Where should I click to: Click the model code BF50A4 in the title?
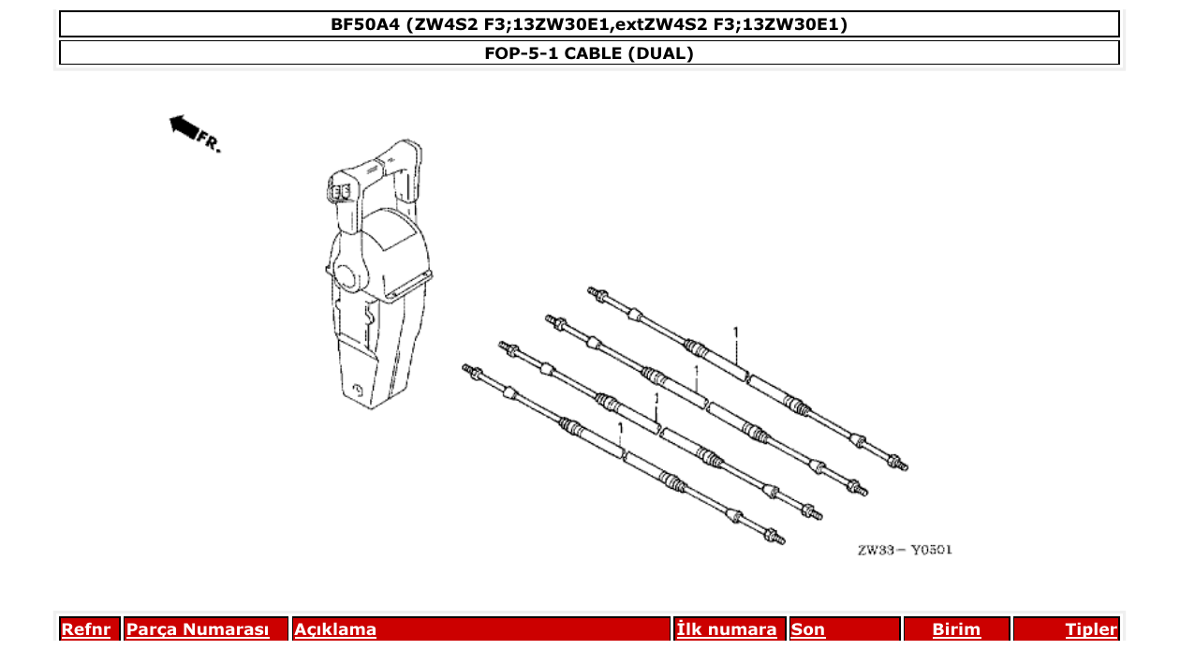click(x=366, y=24)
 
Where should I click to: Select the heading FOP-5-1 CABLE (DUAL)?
click(x=589, y=53)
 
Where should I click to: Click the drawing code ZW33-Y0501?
click(x=904, y=550)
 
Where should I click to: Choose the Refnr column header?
click(x=85, y=629)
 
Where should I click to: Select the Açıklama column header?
click(x=335, y=629)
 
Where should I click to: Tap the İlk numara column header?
click(x=727, y=629)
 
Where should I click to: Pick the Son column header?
click(x=808, y=629)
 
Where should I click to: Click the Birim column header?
click(x=956, y=629)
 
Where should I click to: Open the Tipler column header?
click(x=1091, y=629)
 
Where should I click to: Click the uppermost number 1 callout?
click(x=736, y=332)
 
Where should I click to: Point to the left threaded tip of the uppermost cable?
click(x=594, y=292)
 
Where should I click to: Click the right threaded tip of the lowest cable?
click(x=776, y=538)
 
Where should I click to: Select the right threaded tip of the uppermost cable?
click(x=900, y=463)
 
